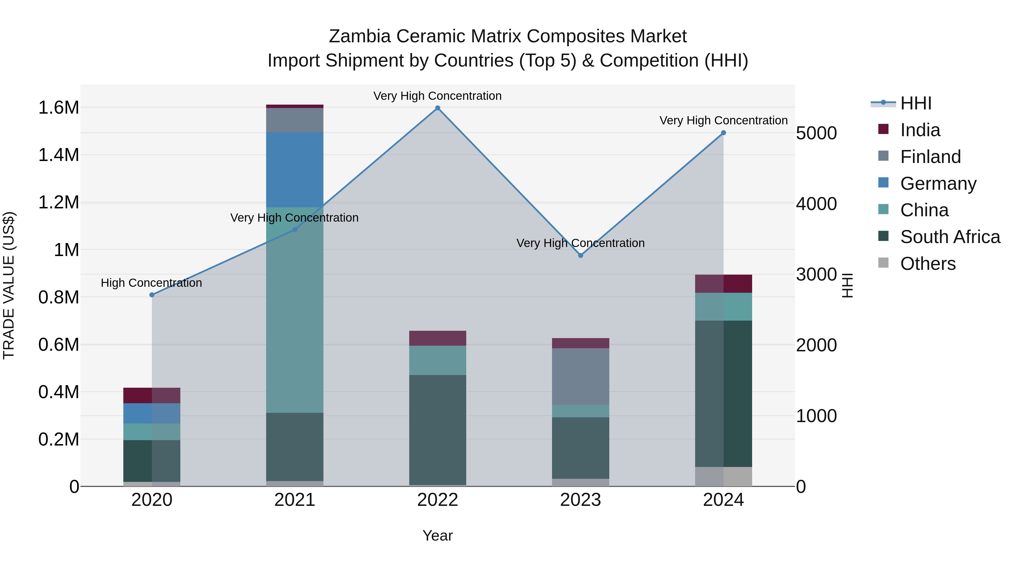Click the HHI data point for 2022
[x=437, y=108]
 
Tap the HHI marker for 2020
[x=152, y=295]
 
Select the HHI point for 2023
[x=581, y=255]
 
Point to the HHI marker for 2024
[x=723, y=133]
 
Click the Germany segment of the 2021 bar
[x=295, y=169]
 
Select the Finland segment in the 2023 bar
[x=581, y=376]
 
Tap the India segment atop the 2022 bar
[x=437, y=338]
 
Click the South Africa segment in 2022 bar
[x=437, y=429]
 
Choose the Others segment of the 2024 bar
[x=723, y=477]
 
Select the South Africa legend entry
[x=950, y=237]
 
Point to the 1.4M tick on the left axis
[x=59, y=155]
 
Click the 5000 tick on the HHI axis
[x=816, y=133]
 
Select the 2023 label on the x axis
[x=581, y=500]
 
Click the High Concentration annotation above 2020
[x=152, y=283]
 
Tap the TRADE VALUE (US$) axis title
[x=9, y=285]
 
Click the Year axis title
[x=437, y=535]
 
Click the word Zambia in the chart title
[x=360, y=36]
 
